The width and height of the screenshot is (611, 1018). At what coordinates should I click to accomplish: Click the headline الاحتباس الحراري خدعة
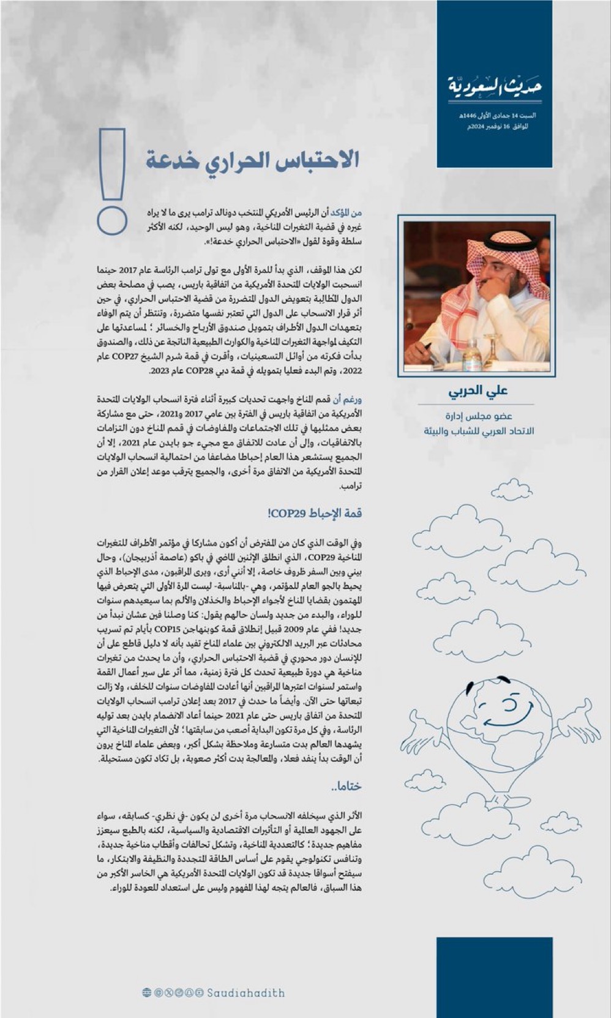click(x=252, y=160)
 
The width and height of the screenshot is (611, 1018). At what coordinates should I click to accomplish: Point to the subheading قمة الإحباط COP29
click(x=315, y=512)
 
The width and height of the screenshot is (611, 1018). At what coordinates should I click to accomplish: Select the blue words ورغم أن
click(x=347, y=400)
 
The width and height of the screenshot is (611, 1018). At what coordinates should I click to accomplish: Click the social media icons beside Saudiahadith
click(x=172, y=992)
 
